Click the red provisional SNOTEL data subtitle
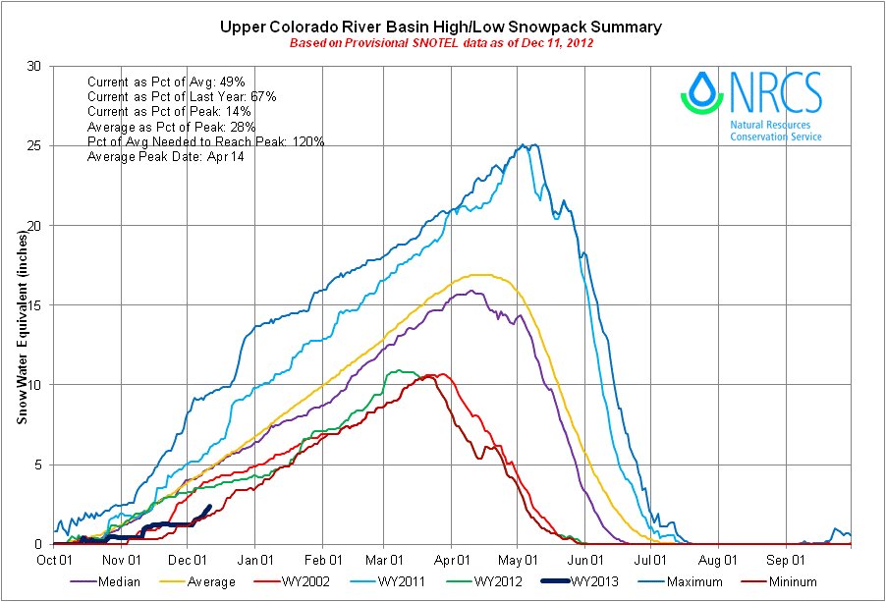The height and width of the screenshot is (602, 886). click(441, 43)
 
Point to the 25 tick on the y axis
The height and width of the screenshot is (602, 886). click(36, 145)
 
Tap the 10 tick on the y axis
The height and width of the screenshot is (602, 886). click(36, 384)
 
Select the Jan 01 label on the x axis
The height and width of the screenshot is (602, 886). click(255, 560)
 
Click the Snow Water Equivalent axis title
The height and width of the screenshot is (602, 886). click(21, 304)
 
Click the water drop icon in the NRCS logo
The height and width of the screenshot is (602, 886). click(701, 91)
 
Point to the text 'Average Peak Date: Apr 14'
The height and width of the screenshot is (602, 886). click(166, 158)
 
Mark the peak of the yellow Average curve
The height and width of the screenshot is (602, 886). click(481, 274)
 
